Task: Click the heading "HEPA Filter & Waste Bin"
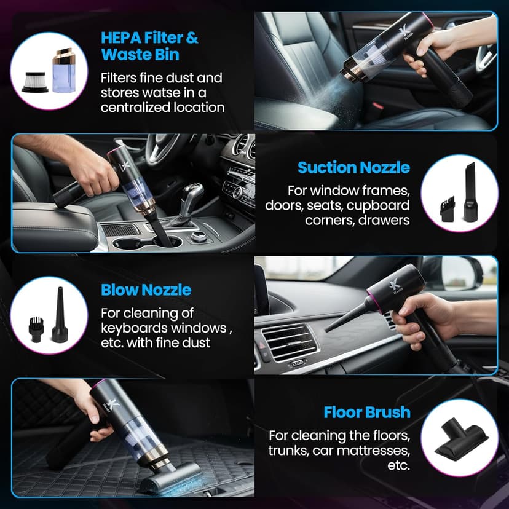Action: (149, 45)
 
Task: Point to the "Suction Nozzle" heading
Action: (353, 167)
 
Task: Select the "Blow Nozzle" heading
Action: (146, 290)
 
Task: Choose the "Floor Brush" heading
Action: (367, 412)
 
